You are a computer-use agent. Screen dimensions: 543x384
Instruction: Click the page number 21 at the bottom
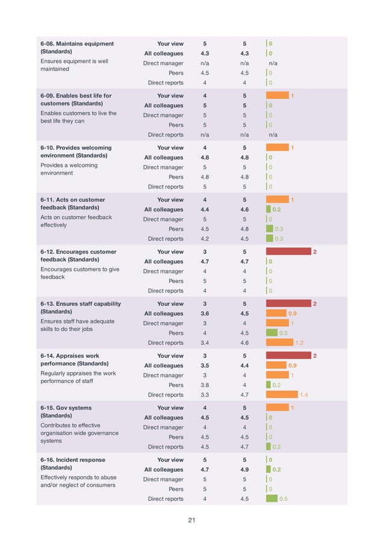(x=191, y=521)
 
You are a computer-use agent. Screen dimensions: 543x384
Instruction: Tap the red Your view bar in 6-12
(x=288, y=252)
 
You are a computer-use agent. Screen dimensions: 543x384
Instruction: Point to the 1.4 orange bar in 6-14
(x=282, y=395)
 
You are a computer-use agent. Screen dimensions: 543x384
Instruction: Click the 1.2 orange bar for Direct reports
(x=280, y=343)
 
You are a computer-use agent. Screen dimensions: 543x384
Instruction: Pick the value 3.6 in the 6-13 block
(x=205, y=314)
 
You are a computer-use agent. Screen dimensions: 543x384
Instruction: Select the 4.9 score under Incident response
(x=244, y=470)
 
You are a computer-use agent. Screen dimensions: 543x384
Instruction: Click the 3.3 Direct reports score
(x=205, y=395)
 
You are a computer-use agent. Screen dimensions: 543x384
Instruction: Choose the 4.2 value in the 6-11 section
(x=205, y=238)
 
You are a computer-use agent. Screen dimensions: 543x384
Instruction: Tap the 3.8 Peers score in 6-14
(x=205, y=385)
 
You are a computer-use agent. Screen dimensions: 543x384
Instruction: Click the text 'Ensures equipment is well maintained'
(x=74, y=65)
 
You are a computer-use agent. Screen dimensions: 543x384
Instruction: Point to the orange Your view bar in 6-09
(x=277, y=96)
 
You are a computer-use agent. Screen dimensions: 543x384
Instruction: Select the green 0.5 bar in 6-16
(x=271, y=498)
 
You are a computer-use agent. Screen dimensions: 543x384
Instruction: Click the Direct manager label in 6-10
(x=163, y=167)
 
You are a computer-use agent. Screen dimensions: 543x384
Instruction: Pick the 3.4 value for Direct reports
(x=205, y=343)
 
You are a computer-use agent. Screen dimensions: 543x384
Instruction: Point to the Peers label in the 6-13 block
(x=176, y=333)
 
